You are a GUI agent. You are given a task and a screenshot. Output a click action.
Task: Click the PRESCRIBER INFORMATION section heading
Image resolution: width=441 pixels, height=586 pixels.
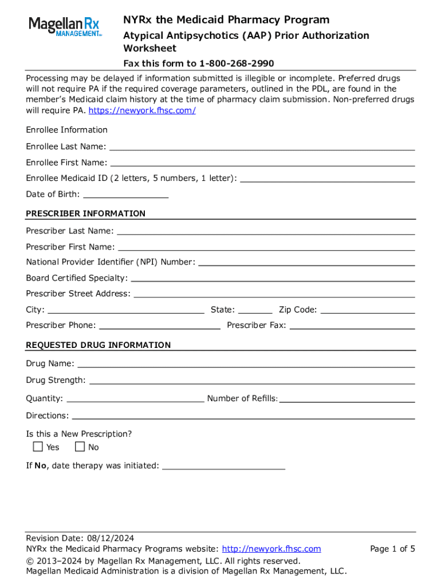click(x=86, y=213)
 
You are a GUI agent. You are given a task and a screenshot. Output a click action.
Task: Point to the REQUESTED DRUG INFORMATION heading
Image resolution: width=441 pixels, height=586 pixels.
click(x=99, y=345)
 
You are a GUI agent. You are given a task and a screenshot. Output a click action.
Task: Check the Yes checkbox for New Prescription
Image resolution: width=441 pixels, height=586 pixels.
click(x=38, y=447)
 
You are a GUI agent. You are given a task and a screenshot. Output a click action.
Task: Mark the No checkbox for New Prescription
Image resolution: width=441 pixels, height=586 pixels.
click(x=80, y=447)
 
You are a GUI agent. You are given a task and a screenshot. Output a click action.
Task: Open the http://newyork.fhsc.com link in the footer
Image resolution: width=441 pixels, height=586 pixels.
click(x=271, y=549)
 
